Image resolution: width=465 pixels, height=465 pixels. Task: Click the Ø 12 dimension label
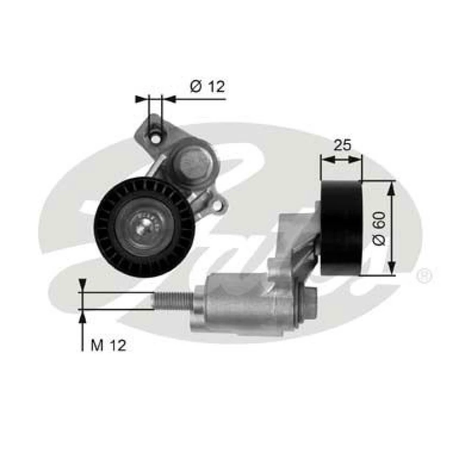pyautogui.click(x=207, y=86)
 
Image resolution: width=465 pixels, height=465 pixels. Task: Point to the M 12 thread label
pyautogui.click(x=108, y=346)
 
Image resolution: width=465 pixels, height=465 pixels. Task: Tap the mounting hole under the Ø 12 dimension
pyautogui.click(x=156, y=138)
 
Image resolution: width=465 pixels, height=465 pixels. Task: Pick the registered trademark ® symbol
pyautogui.click(x=425, y=277)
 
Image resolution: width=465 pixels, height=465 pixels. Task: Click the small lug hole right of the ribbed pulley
pyautogui.click(x=219, y=205)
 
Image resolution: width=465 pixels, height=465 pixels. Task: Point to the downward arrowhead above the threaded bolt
pyautogui.click(x=82, y=285)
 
